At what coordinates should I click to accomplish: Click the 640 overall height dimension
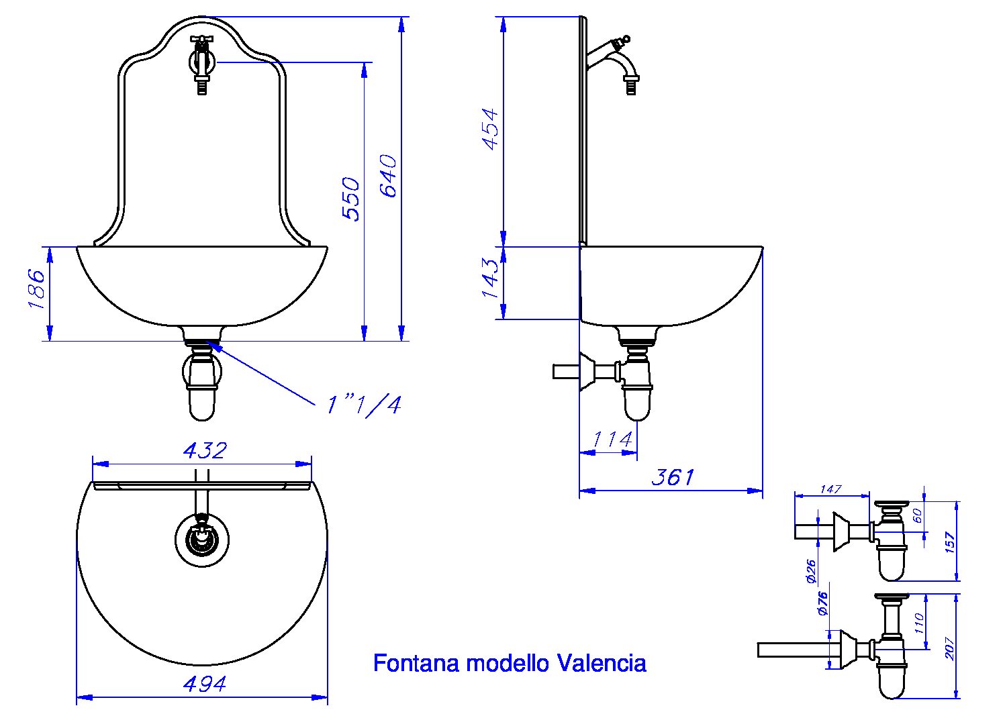pyautogui.click(x=389, y=176)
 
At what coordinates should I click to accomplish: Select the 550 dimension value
pyautogui.click(x=351, y=199)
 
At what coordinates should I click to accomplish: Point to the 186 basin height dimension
pyautogui.click(x=36, y=289)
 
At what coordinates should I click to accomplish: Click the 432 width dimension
pyautogui.click(x=205, y=450)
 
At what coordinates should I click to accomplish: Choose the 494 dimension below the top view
pyautogui.click(x=204, y=684)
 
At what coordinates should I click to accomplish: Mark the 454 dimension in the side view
pyautogui.click(x=491, y=128)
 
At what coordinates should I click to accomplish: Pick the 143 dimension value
pyautogui.click(x=491, y=278)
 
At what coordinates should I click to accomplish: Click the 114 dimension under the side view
pyautogui.click(x=612, y=440)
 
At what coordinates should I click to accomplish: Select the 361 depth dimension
pyautogui.click(x=673, y=477)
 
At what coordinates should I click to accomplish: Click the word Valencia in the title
pyautogui.click(x=602, y=663)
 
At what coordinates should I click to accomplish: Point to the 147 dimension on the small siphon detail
pyautogui.click(x=830, y=489)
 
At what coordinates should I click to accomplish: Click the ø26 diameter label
pyautogui.click(x=811, y=570)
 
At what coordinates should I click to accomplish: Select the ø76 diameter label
pyautogui.click(x=823, y=603)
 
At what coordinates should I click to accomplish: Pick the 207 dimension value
pyautogui.click(x=951, y=646)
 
